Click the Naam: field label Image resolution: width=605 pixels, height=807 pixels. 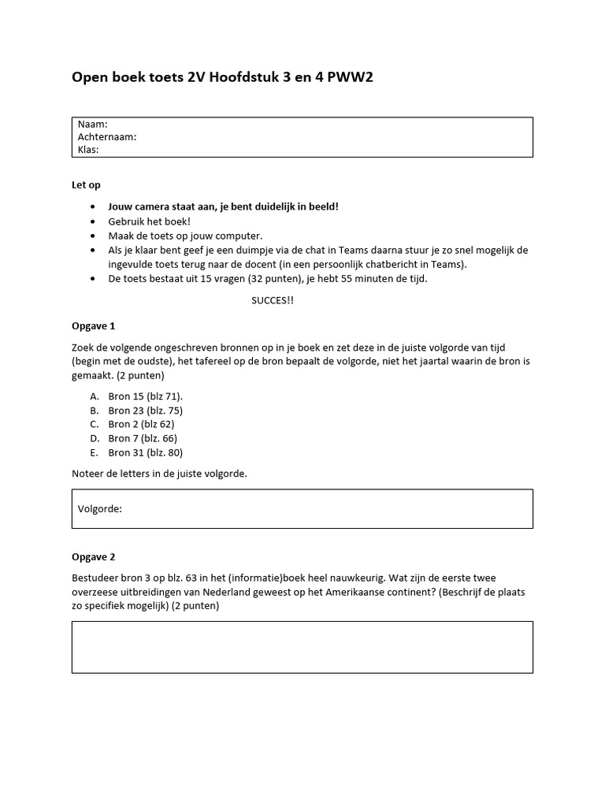click(93, 125)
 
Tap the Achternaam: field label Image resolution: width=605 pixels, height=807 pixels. click(107, 136)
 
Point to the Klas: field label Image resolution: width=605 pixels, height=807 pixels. click(88, 149)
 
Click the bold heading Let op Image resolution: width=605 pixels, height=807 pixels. click(87, 185)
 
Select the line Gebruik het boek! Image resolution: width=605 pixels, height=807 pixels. click(150, 221)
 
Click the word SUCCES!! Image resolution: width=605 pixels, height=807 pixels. click(273, 301)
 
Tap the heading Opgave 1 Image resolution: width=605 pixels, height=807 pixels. click(94, 325)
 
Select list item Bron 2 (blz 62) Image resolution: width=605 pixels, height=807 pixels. click(142, 424)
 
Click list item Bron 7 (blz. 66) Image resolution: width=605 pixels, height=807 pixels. click(143, 438)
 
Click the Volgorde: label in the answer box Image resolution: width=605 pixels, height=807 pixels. click(100, 509)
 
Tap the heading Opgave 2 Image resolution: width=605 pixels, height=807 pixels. click(94, 556)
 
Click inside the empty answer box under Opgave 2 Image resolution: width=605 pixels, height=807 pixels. click(302, 647)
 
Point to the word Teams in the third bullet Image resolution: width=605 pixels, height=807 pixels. click(357, 250)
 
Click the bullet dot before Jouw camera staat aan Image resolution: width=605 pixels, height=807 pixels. click(92, 207)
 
